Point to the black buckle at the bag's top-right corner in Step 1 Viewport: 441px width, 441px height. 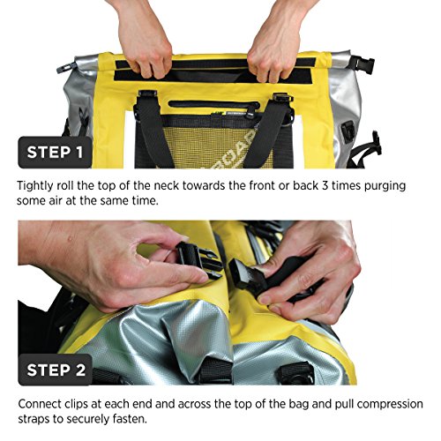[357, 63]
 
